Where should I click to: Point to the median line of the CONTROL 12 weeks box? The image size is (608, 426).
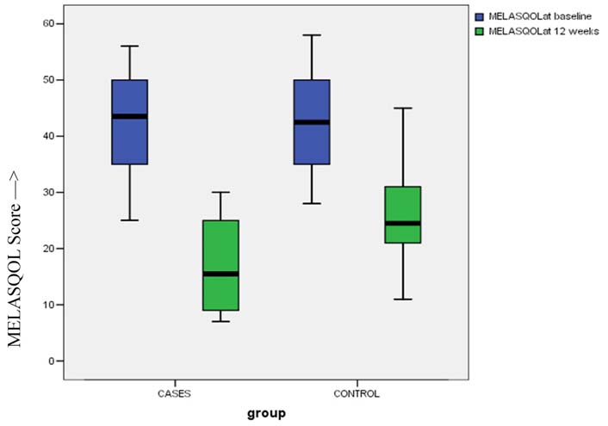402,223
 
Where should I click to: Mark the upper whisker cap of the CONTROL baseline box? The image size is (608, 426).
312,35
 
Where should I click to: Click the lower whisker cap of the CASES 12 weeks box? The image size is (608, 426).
220,321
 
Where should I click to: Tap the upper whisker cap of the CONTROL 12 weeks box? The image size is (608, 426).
402,108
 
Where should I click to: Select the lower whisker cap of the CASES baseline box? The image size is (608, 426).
129,220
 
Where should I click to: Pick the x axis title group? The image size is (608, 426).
264,412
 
